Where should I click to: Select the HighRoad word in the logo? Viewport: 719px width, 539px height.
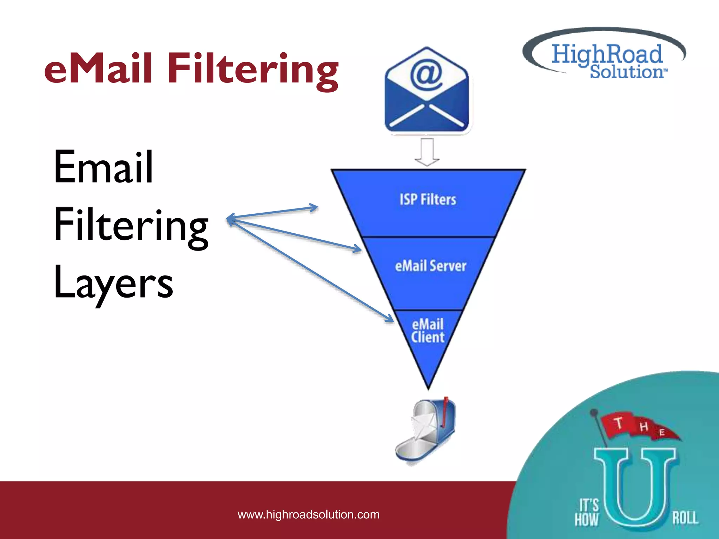pos(607,54)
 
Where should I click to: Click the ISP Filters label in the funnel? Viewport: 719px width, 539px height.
pos(428,200)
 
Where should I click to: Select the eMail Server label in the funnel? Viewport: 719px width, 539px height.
pos(430,266)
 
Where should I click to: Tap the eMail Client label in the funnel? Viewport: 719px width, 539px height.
pos(428,331)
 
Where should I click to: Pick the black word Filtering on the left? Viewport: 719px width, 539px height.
pos(131,225)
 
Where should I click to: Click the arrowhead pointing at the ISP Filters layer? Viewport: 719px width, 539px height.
pos(314,207)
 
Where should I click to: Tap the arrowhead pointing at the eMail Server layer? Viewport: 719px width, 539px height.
pos(357,249)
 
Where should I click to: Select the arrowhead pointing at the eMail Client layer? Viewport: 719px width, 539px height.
pos(389,318)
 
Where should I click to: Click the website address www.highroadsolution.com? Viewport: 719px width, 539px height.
pos(309,514)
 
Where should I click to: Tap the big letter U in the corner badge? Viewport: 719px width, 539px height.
pos(635,488)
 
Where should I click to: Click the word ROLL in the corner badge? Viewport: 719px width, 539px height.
pos(685,518)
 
